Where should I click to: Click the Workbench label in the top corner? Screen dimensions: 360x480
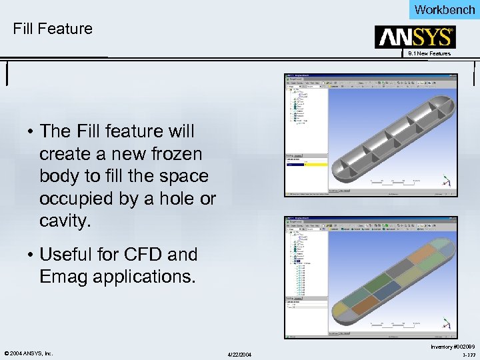[444, 9]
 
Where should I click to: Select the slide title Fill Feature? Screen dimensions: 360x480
[53, 29]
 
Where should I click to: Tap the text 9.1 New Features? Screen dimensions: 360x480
[429, 53]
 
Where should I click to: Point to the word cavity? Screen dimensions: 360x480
[65, 221]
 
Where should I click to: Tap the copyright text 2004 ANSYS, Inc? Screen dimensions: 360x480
[29, 353]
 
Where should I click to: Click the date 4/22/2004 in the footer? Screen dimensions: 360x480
[239, 353]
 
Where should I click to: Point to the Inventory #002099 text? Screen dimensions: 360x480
[453, 347]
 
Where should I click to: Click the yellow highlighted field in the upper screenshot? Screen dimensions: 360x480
[317, 163]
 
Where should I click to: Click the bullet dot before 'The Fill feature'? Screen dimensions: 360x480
[31, 131]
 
